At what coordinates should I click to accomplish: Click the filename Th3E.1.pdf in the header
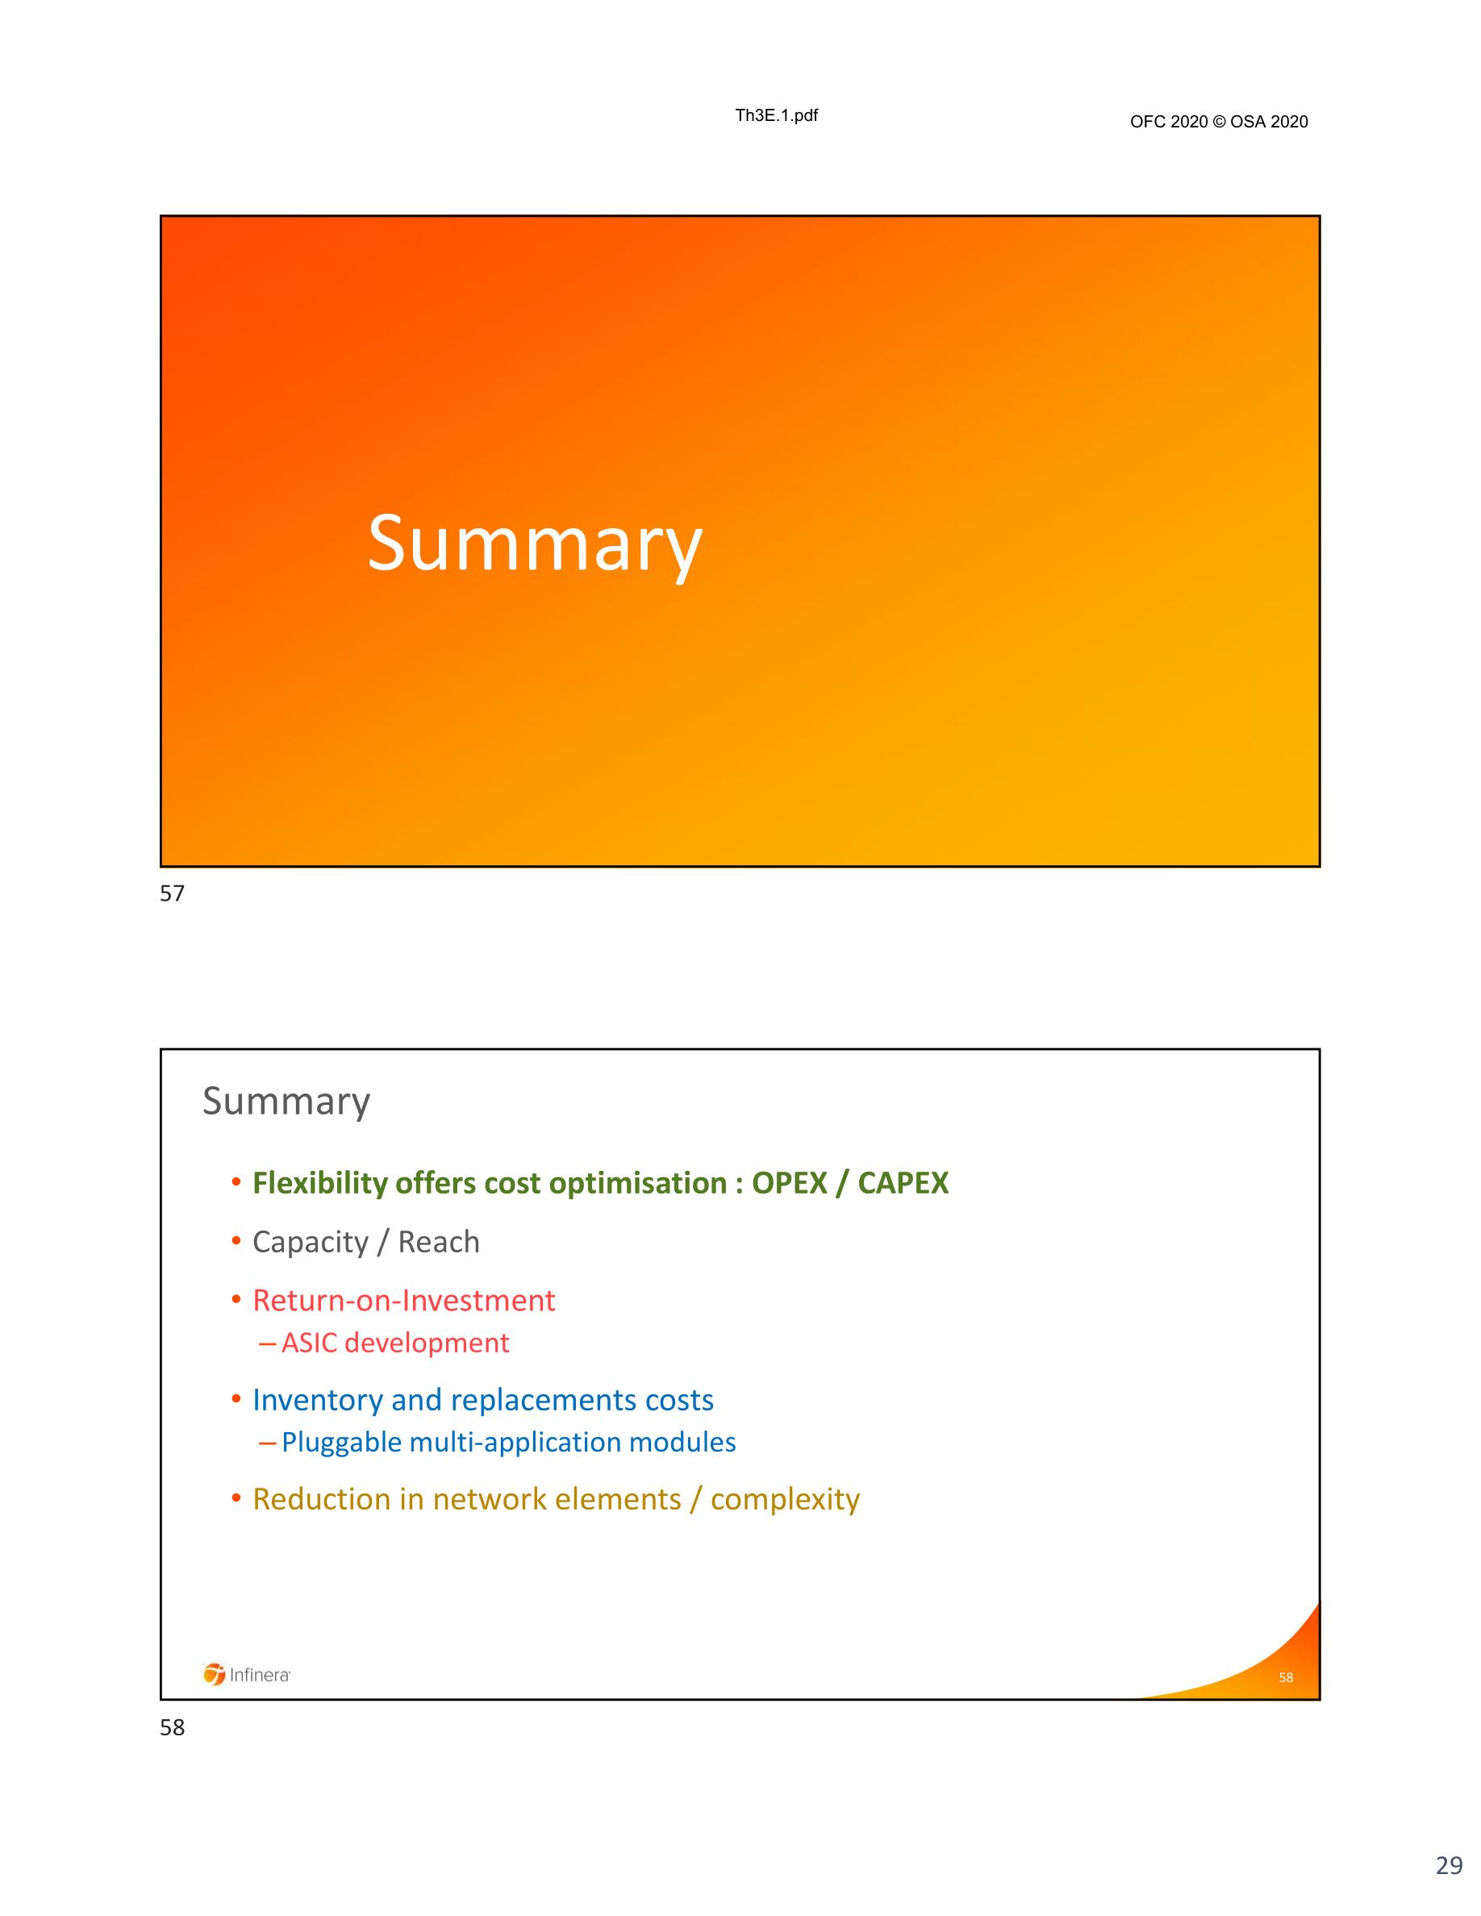coord(777,116)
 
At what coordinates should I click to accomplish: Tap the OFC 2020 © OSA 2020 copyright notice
coord(1219,122)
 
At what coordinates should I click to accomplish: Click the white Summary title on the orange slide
coord(534,544)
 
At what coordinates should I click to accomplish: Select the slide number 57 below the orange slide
coord(172,893)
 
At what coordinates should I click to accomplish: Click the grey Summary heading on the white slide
coord(286,1102)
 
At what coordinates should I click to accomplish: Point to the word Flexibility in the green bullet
coord(319,1183)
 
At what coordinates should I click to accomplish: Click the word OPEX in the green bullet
coord(790,1183)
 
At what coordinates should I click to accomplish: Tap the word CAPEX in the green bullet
coord(903,1183)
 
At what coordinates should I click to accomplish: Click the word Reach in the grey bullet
coord(439,1241)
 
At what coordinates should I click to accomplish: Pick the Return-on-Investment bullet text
coord(403,1300)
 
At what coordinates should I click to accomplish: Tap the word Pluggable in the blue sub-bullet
coord(341,1443)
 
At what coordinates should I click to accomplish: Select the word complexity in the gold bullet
coord(785,1500)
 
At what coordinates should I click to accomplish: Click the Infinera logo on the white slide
coord(247,1675)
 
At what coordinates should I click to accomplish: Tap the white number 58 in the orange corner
coord(1287,1677)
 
